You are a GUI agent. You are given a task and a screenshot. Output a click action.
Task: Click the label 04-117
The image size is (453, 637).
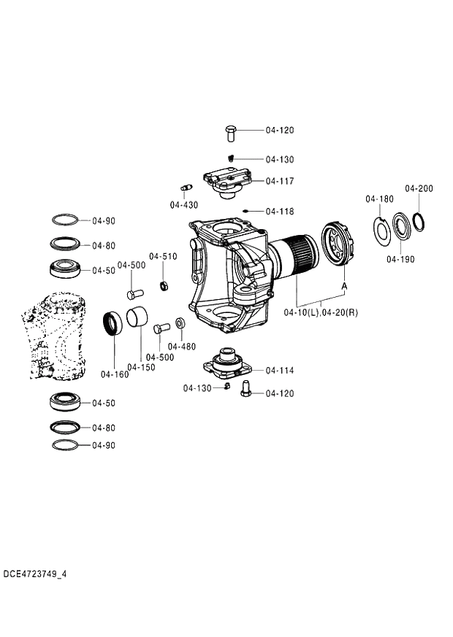click(x=280, y=181)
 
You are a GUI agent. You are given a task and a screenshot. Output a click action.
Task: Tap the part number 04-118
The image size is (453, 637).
click(x=280, y=212)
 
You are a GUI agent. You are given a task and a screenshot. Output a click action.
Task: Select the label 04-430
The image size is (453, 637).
click(x=184, y=205)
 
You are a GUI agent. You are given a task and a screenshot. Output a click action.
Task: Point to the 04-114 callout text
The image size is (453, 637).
click(x=280, y=371)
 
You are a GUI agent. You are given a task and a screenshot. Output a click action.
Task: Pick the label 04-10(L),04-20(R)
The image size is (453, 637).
click(x=321, y=313)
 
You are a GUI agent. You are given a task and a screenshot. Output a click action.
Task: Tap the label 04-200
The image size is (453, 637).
click(x=419, y=188)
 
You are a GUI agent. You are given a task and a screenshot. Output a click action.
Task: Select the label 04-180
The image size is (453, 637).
click(x=379, y=198)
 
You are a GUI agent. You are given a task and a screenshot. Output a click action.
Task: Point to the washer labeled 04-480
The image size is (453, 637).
click(x=180, y=322)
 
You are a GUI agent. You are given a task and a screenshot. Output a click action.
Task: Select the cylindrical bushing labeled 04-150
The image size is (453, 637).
click(x=139, y=319)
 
